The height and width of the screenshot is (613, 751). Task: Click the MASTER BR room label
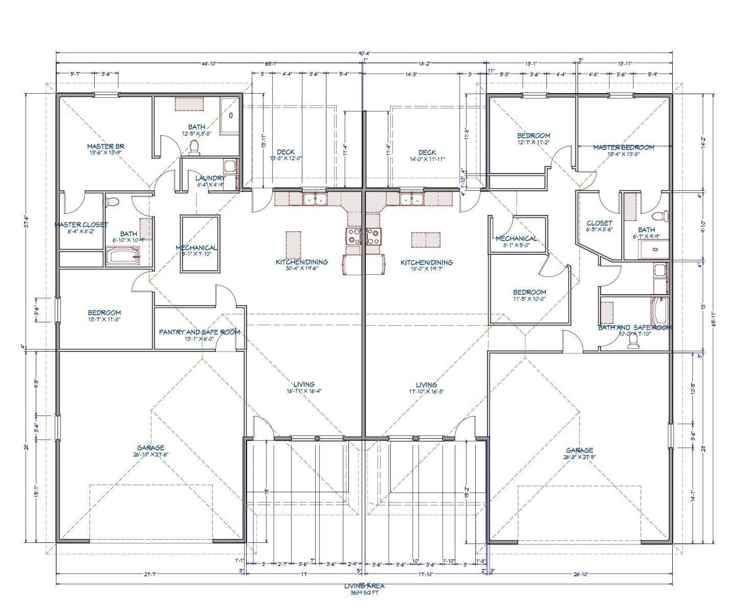(x=105, y=146)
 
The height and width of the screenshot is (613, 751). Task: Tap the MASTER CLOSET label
(x=81, y=225)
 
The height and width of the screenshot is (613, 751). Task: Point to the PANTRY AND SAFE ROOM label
(x=199, y=332)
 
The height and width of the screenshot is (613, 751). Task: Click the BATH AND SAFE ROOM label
(x=635, y=327)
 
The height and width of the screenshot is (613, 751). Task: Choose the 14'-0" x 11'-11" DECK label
(x=427, y=152)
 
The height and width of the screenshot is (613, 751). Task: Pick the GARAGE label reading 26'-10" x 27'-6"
(x=151, y=448)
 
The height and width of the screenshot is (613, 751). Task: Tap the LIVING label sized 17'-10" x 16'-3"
(x=426, y=385)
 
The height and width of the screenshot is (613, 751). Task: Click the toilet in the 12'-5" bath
(x=194, y=147)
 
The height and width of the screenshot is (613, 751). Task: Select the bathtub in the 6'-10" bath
(x=122, y=256)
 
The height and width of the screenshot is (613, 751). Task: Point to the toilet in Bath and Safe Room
(x=633, y=341)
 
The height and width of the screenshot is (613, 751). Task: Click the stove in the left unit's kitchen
(x=354, y=236)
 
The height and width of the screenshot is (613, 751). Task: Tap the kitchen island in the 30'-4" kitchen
(x=293, y=245)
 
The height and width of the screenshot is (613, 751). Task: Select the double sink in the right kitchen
(x=411, y=199)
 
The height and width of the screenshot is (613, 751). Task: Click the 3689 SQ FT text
(x=364, y=594)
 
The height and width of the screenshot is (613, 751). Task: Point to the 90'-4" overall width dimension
(x=364, y=53)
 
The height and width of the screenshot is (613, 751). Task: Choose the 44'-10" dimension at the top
(x=209, y=64)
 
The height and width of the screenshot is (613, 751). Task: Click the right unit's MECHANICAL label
(x=516, y=238)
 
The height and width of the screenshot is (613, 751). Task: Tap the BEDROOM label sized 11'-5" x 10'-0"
(x=529, y=292)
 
